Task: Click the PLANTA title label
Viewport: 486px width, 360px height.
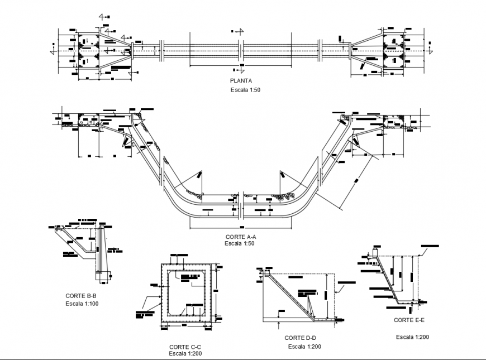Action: coord(240,80)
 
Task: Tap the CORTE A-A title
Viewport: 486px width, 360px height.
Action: coord(240,237)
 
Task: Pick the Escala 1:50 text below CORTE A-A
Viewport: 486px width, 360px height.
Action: coord(240,243)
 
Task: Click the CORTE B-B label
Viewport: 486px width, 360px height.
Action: coord(83,296)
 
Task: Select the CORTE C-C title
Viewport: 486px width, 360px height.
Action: coord(184,347)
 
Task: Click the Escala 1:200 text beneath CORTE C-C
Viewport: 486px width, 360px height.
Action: coord(185,353)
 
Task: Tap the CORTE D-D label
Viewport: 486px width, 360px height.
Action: coord(301,338)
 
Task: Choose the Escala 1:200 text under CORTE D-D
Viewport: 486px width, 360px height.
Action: coord(304,347)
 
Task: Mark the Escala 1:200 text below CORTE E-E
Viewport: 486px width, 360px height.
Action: coord(412,337)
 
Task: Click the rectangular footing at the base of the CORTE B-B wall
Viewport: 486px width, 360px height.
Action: coord(99,273)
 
